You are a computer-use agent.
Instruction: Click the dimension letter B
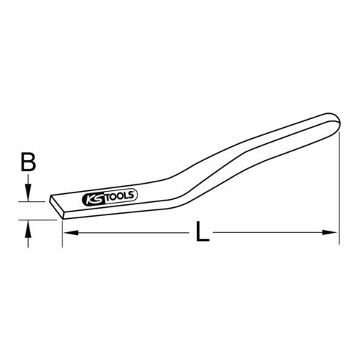[29, 162]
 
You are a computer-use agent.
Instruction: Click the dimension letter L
[202, 231]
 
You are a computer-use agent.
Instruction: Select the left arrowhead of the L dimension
[71, 232]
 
